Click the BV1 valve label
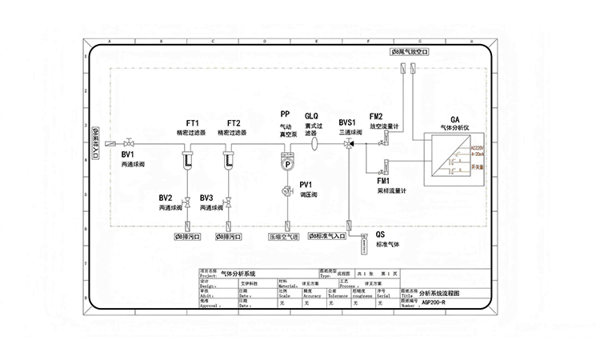tap(128, 153)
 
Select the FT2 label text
tap(233, 122)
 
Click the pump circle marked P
tap(286, 163)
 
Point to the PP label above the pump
tap(285, 114)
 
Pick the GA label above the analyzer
tap(454, 118)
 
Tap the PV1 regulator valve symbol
tap(286, 191)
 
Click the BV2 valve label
tap(166, 198)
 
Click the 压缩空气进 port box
tap(282, 237)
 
